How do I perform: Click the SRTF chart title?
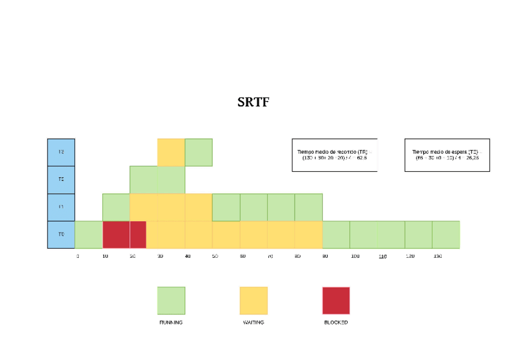pos(253,102)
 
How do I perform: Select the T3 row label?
pos(61,152)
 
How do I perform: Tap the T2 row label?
pos(61,180)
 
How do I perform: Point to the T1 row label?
pos(61,207)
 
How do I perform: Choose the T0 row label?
pos(61,234)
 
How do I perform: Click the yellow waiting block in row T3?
pos(171,152)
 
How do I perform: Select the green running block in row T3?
pos(198,152)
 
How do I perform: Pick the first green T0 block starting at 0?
pos(88,234)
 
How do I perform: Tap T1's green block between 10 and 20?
pos(116,207)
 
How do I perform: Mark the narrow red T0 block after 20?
pos(138,234)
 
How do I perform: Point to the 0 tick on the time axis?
pos(78,257)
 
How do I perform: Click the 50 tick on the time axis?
pos(215,257)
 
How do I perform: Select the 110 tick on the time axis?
pos(382,257)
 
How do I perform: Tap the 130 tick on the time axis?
pos(437,257)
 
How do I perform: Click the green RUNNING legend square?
pos(171,301)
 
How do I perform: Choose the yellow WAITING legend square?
pos(253,301)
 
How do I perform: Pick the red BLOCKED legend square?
pos(336,301)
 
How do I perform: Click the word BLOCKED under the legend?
pos(336,323)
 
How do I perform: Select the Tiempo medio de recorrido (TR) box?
pos(334,155)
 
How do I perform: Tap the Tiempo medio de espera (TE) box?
pos(447,155)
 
